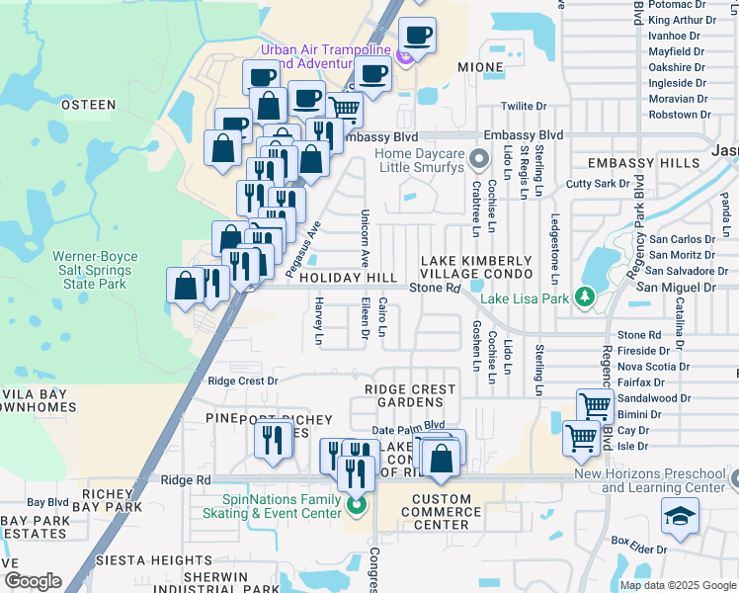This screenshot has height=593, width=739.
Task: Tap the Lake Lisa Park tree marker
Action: point(585,296)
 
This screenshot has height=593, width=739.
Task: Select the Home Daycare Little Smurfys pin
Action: point(479,157)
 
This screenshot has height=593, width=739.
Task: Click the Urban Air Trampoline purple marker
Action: point(405,58)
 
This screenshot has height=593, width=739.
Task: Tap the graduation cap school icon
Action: point(680,516)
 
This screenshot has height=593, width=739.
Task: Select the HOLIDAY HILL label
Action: point(348,279)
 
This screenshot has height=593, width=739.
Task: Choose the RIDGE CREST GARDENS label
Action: point(411,396)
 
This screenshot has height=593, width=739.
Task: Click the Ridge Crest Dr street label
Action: point(243,381)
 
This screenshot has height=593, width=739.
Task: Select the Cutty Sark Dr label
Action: point(598,184)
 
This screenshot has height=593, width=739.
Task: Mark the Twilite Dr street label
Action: point(524,106)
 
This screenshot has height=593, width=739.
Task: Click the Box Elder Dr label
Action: point(640,543)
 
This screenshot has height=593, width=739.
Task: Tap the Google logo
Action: point(33,581)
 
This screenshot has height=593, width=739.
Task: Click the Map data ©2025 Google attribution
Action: point(678,585)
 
